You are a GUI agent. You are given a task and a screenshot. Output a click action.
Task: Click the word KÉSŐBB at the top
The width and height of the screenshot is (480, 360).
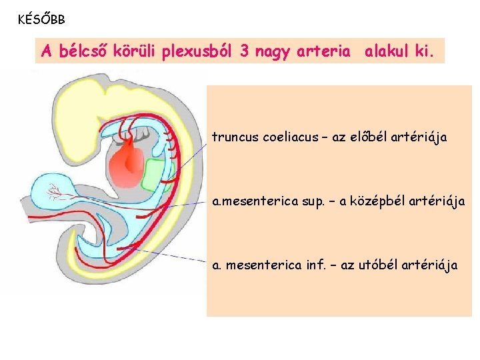tap(41, 19)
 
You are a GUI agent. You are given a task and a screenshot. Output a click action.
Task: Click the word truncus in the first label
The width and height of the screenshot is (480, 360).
tap(235, 137)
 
